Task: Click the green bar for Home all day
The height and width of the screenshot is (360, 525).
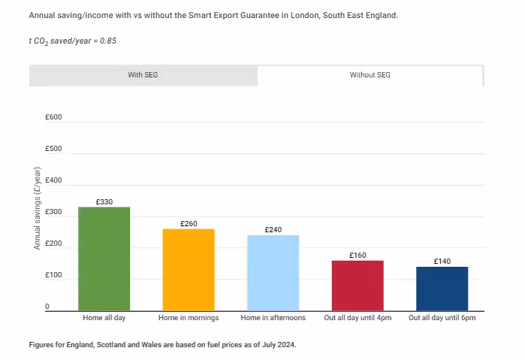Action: click(104, 259)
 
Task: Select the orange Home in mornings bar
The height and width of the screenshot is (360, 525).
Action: click(189, 269)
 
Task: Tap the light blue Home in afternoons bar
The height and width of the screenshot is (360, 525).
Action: click(273, 272)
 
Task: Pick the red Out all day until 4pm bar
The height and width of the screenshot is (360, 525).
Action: click(358, 285)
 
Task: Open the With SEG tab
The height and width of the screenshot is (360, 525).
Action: click(143, 75)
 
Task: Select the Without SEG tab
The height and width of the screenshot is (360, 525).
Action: click(370, 75)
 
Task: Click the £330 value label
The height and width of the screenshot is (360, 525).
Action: click(104, 201)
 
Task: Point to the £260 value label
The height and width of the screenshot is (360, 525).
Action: click(189, 224)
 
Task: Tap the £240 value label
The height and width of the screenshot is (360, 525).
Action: click(273, 230)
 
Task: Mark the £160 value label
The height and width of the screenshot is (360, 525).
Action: click(358, 256)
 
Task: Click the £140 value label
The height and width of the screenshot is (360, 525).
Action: click(442, 262)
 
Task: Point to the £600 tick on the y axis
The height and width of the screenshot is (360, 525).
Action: click(53, 117)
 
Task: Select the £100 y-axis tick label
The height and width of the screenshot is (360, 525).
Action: click(53, 275)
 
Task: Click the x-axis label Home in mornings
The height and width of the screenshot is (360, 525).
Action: click(189, 319)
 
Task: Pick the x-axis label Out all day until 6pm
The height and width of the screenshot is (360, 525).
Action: click(442, 319)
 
